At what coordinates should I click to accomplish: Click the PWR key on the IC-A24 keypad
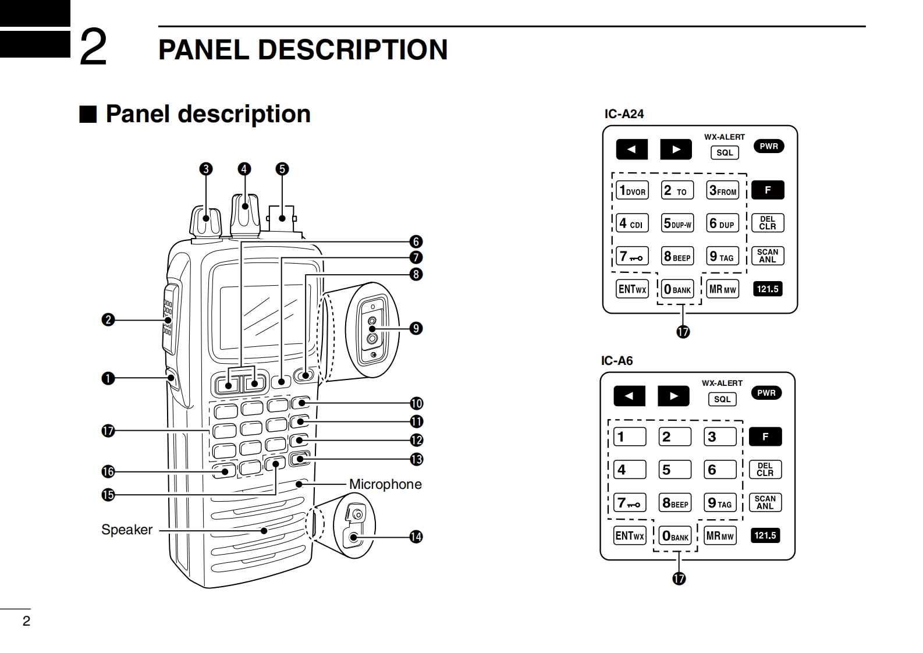point(769,146)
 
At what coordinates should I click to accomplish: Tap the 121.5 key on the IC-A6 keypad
point(765,535)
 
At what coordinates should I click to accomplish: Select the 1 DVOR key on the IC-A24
point(632,191)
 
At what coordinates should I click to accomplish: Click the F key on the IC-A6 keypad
point(765,436)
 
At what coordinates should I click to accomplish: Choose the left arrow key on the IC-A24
point(631,150)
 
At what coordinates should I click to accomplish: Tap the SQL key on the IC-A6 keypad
point(722,399)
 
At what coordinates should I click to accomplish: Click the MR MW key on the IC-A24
point(722,289)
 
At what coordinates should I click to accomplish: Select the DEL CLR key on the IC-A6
point(765,470)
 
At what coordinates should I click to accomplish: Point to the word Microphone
point(385,484)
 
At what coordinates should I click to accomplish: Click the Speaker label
point(127,530)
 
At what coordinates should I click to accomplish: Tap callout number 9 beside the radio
point(416,328)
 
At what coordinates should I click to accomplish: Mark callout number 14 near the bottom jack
point(416,537)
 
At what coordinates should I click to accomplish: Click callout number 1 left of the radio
point(108,378)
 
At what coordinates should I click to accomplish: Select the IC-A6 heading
point(617,361)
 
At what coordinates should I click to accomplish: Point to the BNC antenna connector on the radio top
point(282,219)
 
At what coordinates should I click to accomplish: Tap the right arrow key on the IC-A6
point(673,396)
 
